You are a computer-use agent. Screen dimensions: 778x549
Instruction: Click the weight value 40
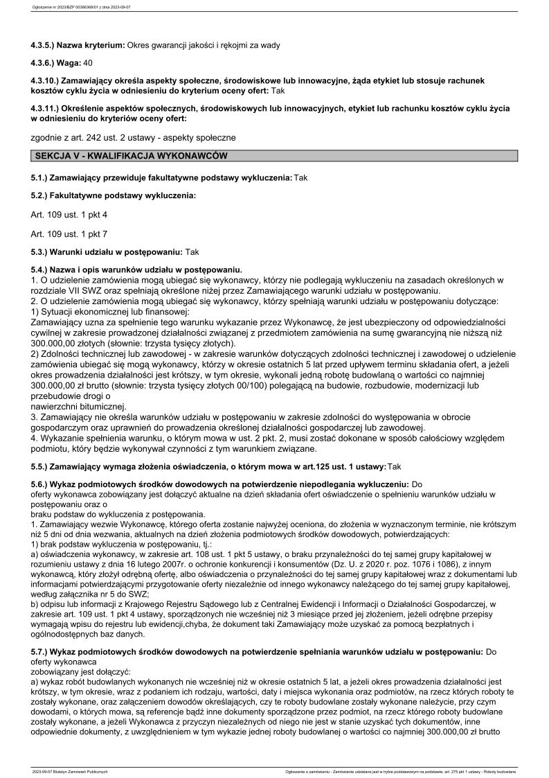click(x=87, y=63)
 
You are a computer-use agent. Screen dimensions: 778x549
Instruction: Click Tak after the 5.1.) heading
click(x=301, y=178)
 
